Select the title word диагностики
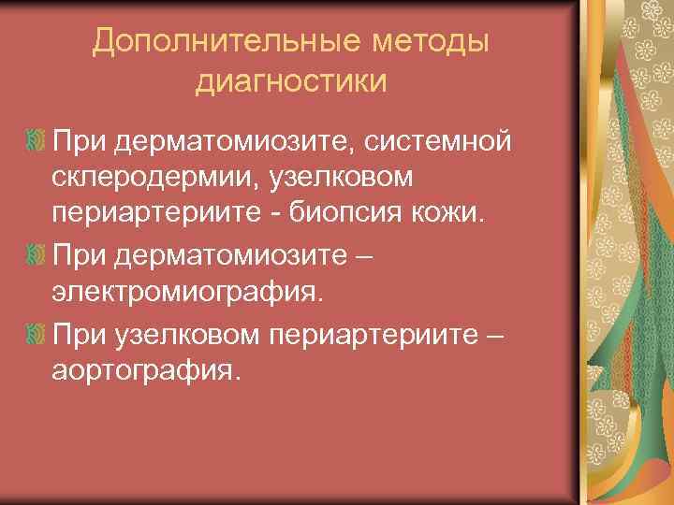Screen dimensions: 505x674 [x=290, y=81]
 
